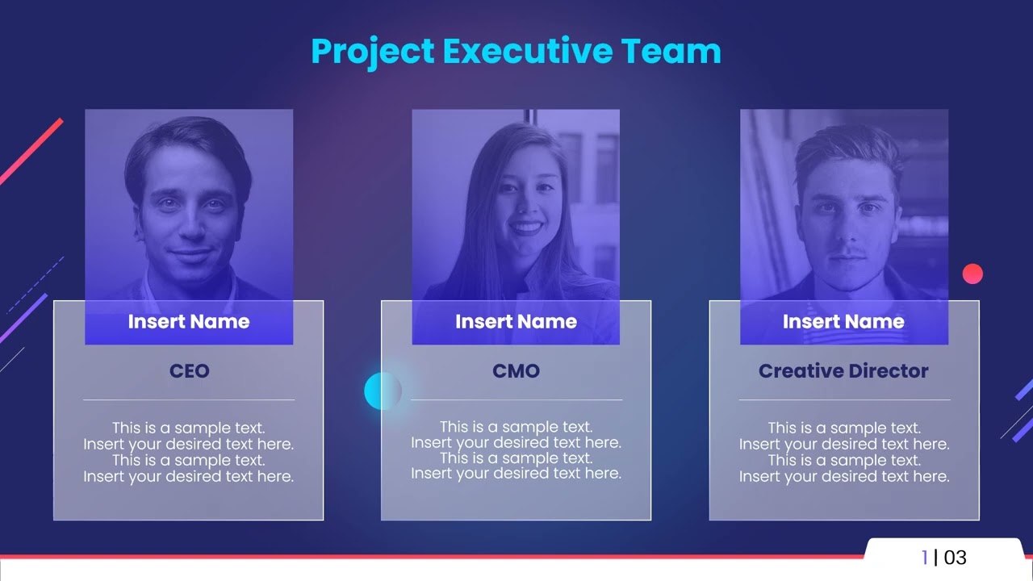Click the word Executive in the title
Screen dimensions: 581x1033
pos(528,51)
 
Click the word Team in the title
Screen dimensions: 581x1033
pos(671,51)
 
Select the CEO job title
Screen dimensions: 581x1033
pos(189,371)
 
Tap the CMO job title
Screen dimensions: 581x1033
pos(516,371)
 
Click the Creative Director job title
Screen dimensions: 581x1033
pos(843,371)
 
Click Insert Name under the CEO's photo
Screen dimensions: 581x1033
pos(189,322)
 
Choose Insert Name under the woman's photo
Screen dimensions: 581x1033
pos(516,322)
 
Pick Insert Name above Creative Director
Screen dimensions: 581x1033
pos(843,322)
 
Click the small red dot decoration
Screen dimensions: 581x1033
pos(972,274)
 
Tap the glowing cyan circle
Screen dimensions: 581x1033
pos(382,391)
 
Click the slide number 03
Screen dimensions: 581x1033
pos(955,558)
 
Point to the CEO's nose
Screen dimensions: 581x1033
pos(190,228)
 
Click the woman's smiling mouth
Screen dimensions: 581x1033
pos(526,228)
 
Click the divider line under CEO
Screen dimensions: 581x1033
pos(189,399)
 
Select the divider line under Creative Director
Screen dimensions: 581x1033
pos(843,399)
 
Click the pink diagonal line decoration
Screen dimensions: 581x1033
pos(31,151)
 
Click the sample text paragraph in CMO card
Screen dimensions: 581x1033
pos(516,450)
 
